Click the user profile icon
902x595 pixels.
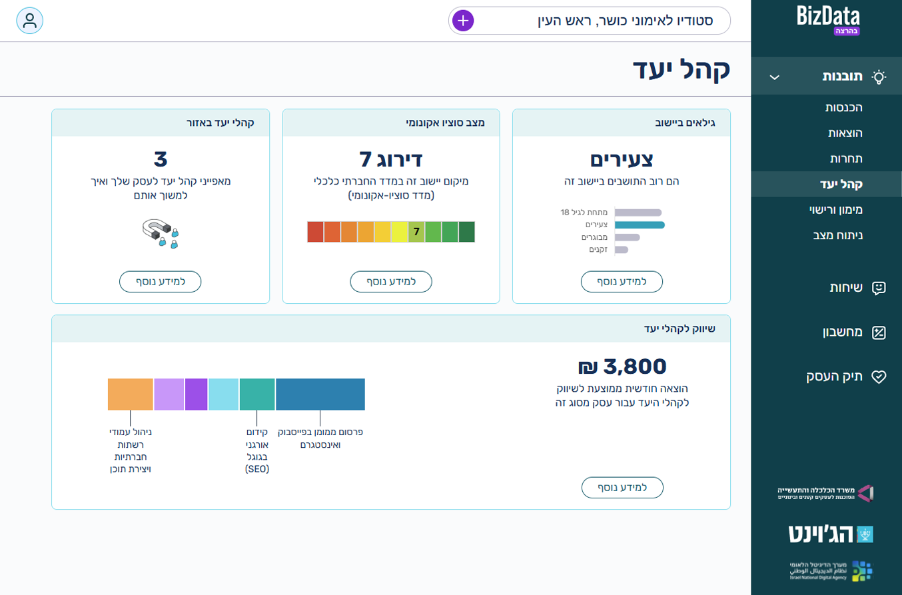[30, 21]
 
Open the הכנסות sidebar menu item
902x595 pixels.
[844, 107]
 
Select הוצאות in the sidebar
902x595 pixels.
[845, 133]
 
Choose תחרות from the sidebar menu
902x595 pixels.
[846, 159]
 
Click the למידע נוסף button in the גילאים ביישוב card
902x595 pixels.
[622, 282]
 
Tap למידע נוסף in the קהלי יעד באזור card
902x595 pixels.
[161, 282]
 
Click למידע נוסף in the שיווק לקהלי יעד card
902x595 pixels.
[622, 488]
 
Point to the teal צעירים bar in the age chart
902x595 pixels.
[639, 225]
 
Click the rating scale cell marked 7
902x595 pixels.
[416, 232]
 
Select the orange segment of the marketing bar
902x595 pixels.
[131, 394]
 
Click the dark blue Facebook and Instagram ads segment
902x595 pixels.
[320, 394]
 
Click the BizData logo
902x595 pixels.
[828, 18]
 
